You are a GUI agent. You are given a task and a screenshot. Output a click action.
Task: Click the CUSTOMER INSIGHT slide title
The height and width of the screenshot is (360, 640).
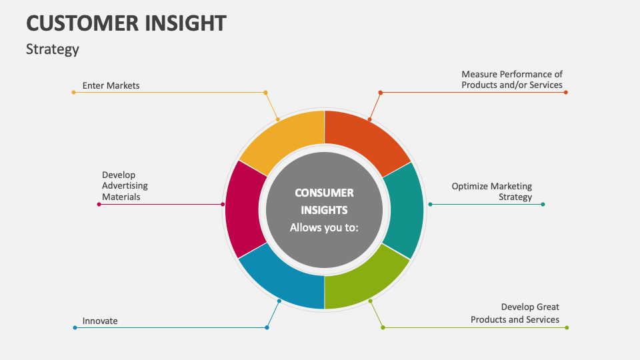pos(126,23)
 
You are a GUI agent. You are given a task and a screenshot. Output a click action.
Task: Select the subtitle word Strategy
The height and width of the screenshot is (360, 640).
pos(53,49)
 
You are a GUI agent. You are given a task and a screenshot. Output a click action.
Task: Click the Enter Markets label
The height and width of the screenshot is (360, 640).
pos(111,85)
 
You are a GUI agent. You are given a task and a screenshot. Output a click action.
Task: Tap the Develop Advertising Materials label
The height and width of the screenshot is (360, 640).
pos(125,186)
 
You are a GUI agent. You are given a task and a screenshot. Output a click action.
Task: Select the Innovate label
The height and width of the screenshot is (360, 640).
pos(100,321)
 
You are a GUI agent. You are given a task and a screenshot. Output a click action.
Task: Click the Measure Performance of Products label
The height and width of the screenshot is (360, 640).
pos(512,80)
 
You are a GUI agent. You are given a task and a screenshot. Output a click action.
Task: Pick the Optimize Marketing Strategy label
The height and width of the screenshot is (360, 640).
pos(492,191)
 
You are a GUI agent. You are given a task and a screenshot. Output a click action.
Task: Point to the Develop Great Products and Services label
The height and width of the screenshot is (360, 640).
pos(515,313)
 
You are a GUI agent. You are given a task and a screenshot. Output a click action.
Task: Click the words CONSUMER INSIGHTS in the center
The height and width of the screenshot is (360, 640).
pos(324,201)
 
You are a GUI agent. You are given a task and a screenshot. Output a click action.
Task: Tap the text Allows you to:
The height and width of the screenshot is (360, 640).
pos(324,227)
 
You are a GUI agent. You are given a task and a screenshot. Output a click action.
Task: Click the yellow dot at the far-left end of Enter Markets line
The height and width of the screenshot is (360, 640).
pos(73,92)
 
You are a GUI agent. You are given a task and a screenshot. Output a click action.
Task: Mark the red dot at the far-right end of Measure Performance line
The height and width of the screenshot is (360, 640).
pos(566,92)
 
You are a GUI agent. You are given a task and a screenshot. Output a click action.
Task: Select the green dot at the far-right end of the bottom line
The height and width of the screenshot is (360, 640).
pos(567,327)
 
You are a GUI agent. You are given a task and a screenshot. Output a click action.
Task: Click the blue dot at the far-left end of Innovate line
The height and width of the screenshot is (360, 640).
pos(75,327)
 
